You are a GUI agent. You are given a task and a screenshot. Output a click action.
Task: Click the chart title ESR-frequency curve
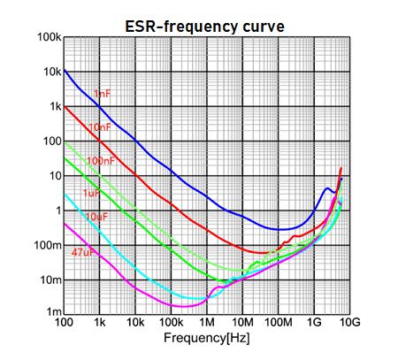[x=203, y=26]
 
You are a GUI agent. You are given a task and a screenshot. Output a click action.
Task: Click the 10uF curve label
[x=96, y=217]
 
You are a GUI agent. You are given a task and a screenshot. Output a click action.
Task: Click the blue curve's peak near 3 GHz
[x=327, y=188]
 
